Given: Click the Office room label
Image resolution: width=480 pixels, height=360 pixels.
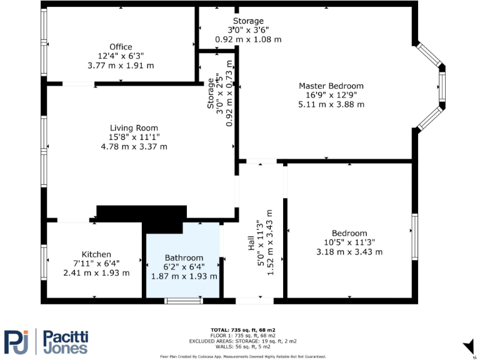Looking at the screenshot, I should click(x=121, y=47).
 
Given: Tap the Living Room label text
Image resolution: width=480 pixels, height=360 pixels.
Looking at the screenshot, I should click(x=134, y=128).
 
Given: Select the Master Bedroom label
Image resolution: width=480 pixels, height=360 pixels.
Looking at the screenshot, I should click(x=331, y=86).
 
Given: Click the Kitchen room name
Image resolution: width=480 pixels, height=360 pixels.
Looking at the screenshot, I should click(x=96, y=254).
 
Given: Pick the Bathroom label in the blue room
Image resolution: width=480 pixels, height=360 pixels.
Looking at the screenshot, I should click(x=184, y=257).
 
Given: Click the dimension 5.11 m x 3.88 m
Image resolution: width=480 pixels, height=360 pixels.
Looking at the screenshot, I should click(x=331, y=104).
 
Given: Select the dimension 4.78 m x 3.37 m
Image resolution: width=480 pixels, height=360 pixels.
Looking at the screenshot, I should click(x=134, y=147).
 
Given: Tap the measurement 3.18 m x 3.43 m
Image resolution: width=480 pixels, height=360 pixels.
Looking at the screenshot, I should click(x=349, y=252).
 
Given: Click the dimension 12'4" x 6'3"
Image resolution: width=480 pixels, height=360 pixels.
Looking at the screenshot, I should click(x=121, y=56).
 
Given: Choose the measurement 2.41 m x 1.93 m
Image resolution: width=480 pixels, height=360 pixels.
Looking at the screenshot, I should click(x=96, y=273).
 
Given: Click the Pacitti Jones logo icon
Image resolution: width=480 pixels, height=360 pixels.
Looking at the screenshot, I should click(x=17, y=341).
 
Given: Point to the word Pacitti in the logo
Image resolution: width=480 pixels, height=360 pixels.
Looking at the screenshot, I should click(x=65, y=336).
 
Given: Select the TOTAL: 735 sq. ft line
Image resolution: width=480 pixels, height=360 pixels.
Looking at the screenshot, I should click(x=242, y=329).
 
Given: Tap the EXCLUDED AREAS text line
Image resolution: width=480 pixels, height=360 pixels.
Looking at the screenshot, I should click(x=242, y=341).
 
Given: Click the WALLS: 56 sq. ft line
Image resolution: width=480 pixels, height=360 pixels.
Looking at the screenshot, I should click(x=242, y=347).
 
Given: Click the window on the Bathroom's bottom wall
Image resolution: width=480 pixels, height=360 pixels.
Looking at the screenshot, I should click(x=183, y=301).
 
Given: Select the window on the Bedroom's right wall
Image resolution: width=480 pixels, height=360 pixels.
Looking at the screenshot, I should click(x=414, y=236).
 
